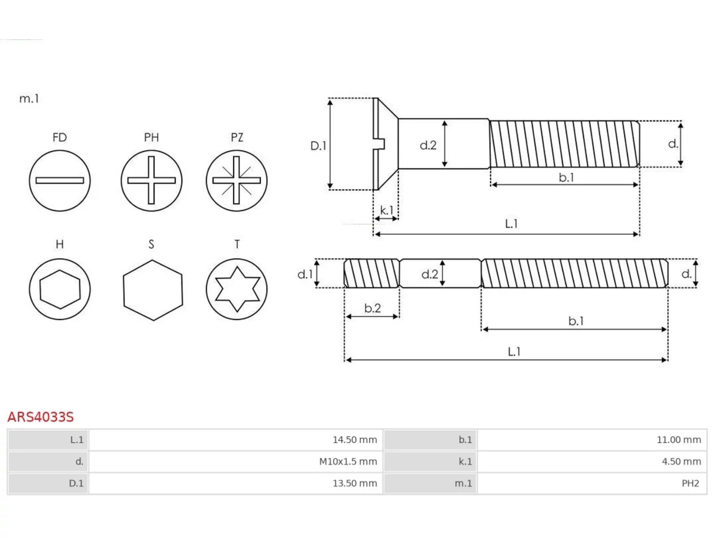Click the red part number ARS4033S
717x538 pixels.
pos(40,417)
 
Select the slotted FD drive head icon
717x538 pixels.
pos(60,180)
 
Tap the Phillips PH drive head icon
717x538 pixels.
pos(152,180)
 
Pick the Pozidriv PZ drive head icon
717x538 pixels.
pos(237,180)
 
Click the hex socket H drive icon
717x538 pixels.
pos(60,289)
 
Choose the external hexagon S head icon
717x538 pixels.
pos(153,290)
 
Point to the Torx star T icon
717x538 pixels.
pos(237,289)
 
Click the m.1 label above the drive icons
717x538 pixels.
pos(29,98)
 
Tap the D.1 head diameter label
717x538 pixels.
pos(318,146)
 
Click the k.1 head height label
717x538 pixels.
pos(387,210)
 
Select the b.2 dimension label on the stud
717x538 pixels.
pos(373,308)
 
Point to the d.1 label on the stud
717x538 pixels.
pos(305,274)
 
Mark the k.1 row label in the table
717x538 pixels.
pos(465,462)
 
